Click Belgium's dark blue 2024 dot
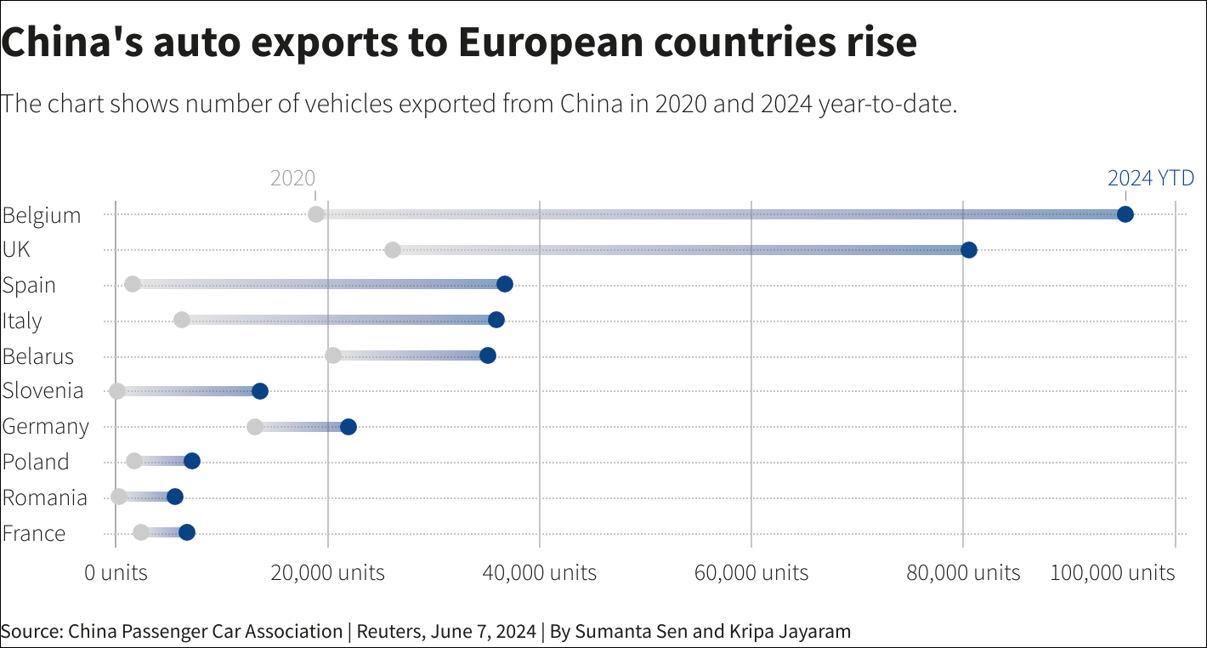[1125, 214]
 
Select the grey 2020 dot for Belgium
[316, 214]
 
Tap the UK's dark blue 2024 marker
[968, 250]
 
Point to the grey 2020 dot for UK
[392, 250]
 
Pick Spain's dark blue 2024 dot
[505, 284]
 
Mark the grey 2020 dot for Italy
[182, 320]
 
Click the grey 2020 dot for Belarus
[333, 355]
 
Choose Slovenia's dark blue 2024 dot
[260, 391]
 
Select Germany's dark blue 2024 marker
[348, 427]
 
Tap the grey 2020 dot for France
[141, 532]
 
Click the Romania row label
[44, 497]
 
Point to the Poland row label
[36, 462]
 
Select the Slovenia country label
[42, 390]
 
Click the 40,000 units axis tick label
[540, 572]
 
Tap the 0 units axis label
[116, 572]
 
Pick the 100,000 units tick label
[1113, 572]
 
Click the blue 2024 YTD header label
[1151, 179]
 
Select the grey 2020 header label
[292, 179]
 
